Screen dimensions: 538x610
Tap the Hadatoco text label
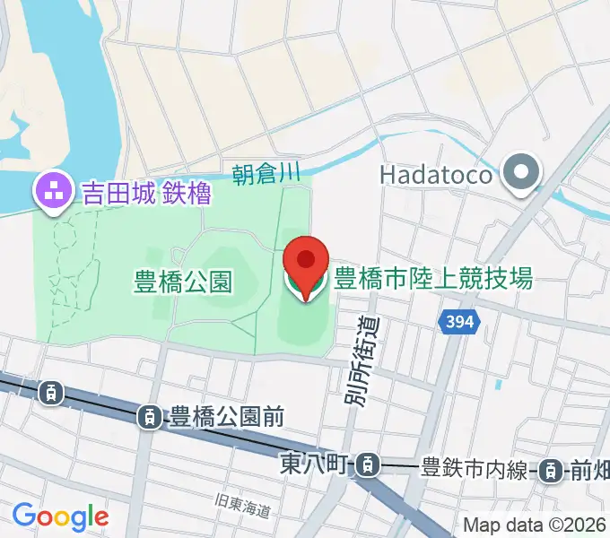437,174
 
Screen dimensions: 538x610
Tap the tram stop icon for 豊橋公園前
149,416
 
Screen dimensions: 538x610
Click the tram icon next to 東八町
365,464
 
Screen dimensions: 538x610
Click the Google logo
60,516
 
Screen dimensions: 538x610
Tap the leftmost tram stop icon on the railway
51,391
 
